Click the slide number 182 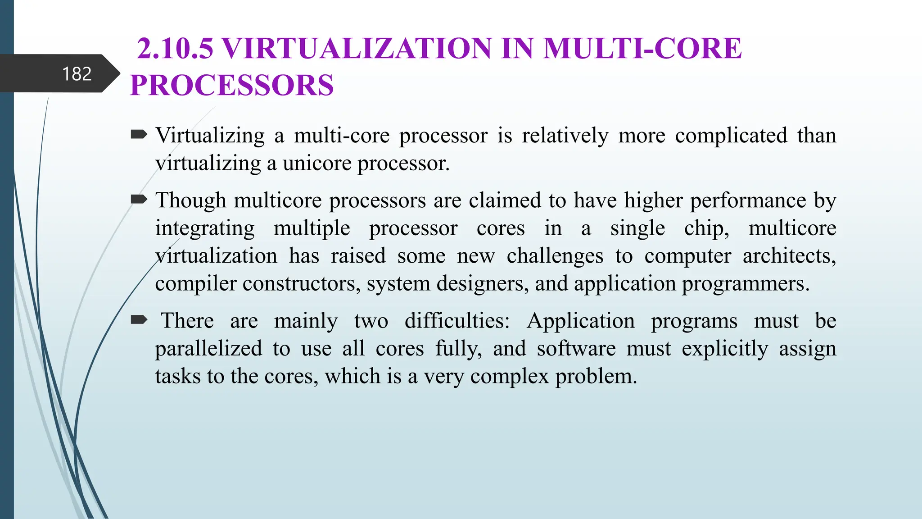(x=77, y=74)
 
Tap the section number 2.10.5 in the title (x=175, y=48)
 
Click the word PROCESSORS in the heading (x=232, y=85)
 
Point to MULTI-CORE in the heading (x=642, y=48)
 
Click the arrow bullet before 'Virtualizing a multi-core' (x=139, y=134)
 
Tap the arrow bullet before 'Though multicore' (x=139, y=199)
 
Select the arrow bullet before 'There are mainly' (x=139, y=320)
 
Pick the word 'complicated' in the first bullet (x=731, y=136)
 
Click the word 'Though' (x=190, y=200)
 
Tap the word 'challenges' (x=555, y=256)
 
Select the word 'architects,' (x=789, y=256)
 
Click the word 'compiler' (x=196, y=284)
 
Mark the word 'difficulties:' (x=457, y=321)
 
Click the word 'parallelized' (x=208, y=349)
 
